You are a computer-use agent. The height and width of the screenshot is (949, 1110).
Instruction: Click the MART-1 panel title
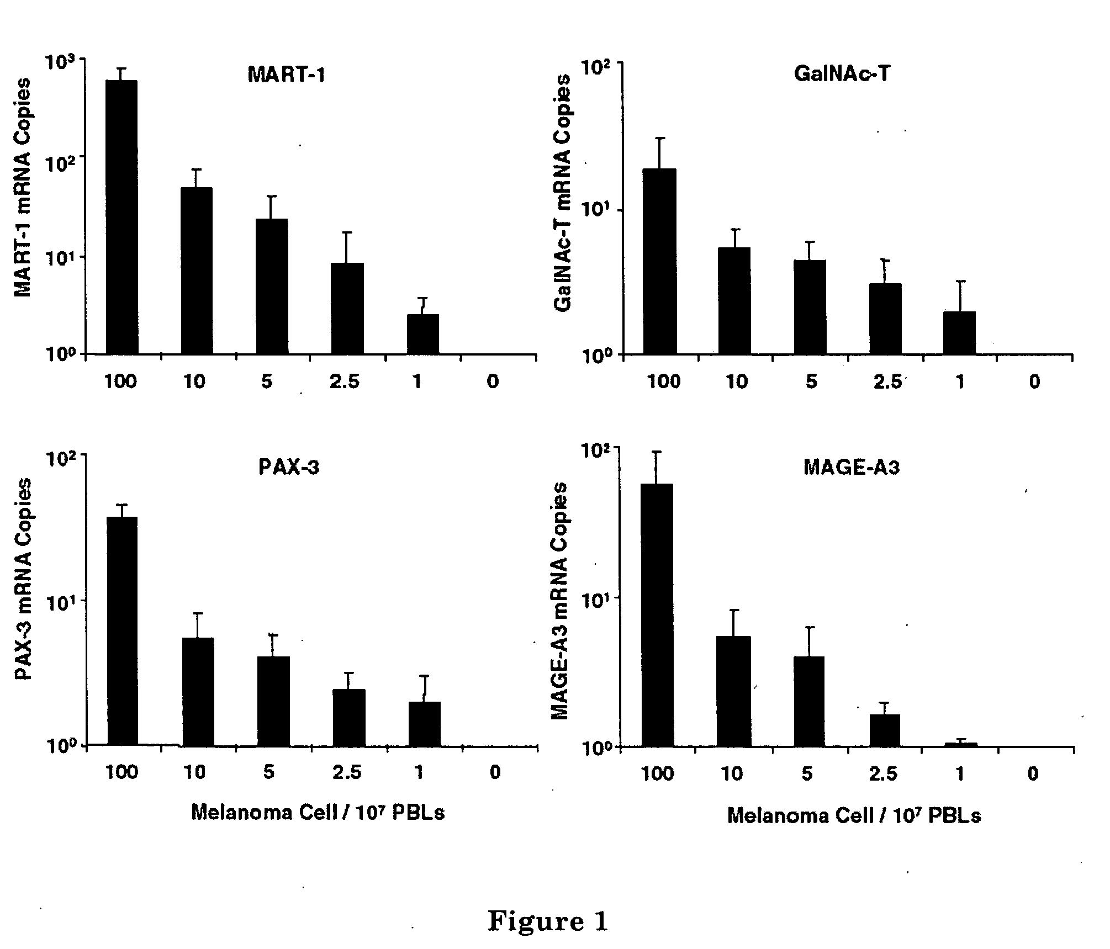pos(286,74)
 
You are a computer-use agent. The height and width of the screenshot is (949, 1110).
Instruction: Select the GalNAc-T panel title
pos(841,74)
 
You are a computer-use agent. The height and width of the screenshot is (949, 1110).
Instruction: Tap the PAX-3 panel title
pos(289,467)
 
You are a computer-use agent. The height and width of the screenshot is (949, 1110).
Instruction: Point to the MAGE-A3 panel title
pos(851,468)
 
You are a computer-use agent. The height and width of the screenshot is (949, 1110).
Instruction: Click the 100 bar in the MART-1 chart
pos(121,217)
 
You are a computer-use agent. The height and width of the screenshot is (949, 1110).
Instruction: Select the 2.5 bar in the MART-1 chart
pos(347,308)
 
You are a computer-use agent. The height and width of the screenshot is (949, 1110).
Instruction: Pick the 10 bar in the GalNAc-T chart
pos(734,301)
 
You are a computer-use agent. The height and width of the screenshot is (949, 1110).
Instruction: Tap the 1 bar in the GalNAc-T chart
pos(960,333)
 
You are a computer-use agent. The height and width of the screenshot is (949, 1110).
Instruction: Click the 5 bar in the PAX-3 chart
pos(273,701)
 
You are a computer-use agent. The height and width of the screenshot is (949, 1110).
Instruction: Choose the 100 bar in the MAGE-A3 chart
pos(657,615)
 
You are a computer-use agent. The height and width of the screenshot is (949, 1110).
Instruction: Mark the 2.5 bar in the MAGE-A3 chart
pos(885,730)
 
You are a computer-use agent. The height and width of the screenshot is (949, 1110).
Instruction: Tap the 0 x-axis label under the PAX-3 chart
pos(495,772)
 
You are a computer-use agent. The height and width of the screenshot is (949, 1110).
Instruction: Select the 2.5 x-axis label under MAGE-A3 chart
pos(883,774)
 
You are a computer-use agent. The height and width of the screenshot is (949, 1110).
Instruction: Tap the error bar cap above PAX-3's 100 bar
pos(121,505)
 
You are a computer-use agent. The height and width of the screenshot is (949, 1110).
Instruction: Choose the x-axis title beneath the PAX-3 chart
pos(318,812)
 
